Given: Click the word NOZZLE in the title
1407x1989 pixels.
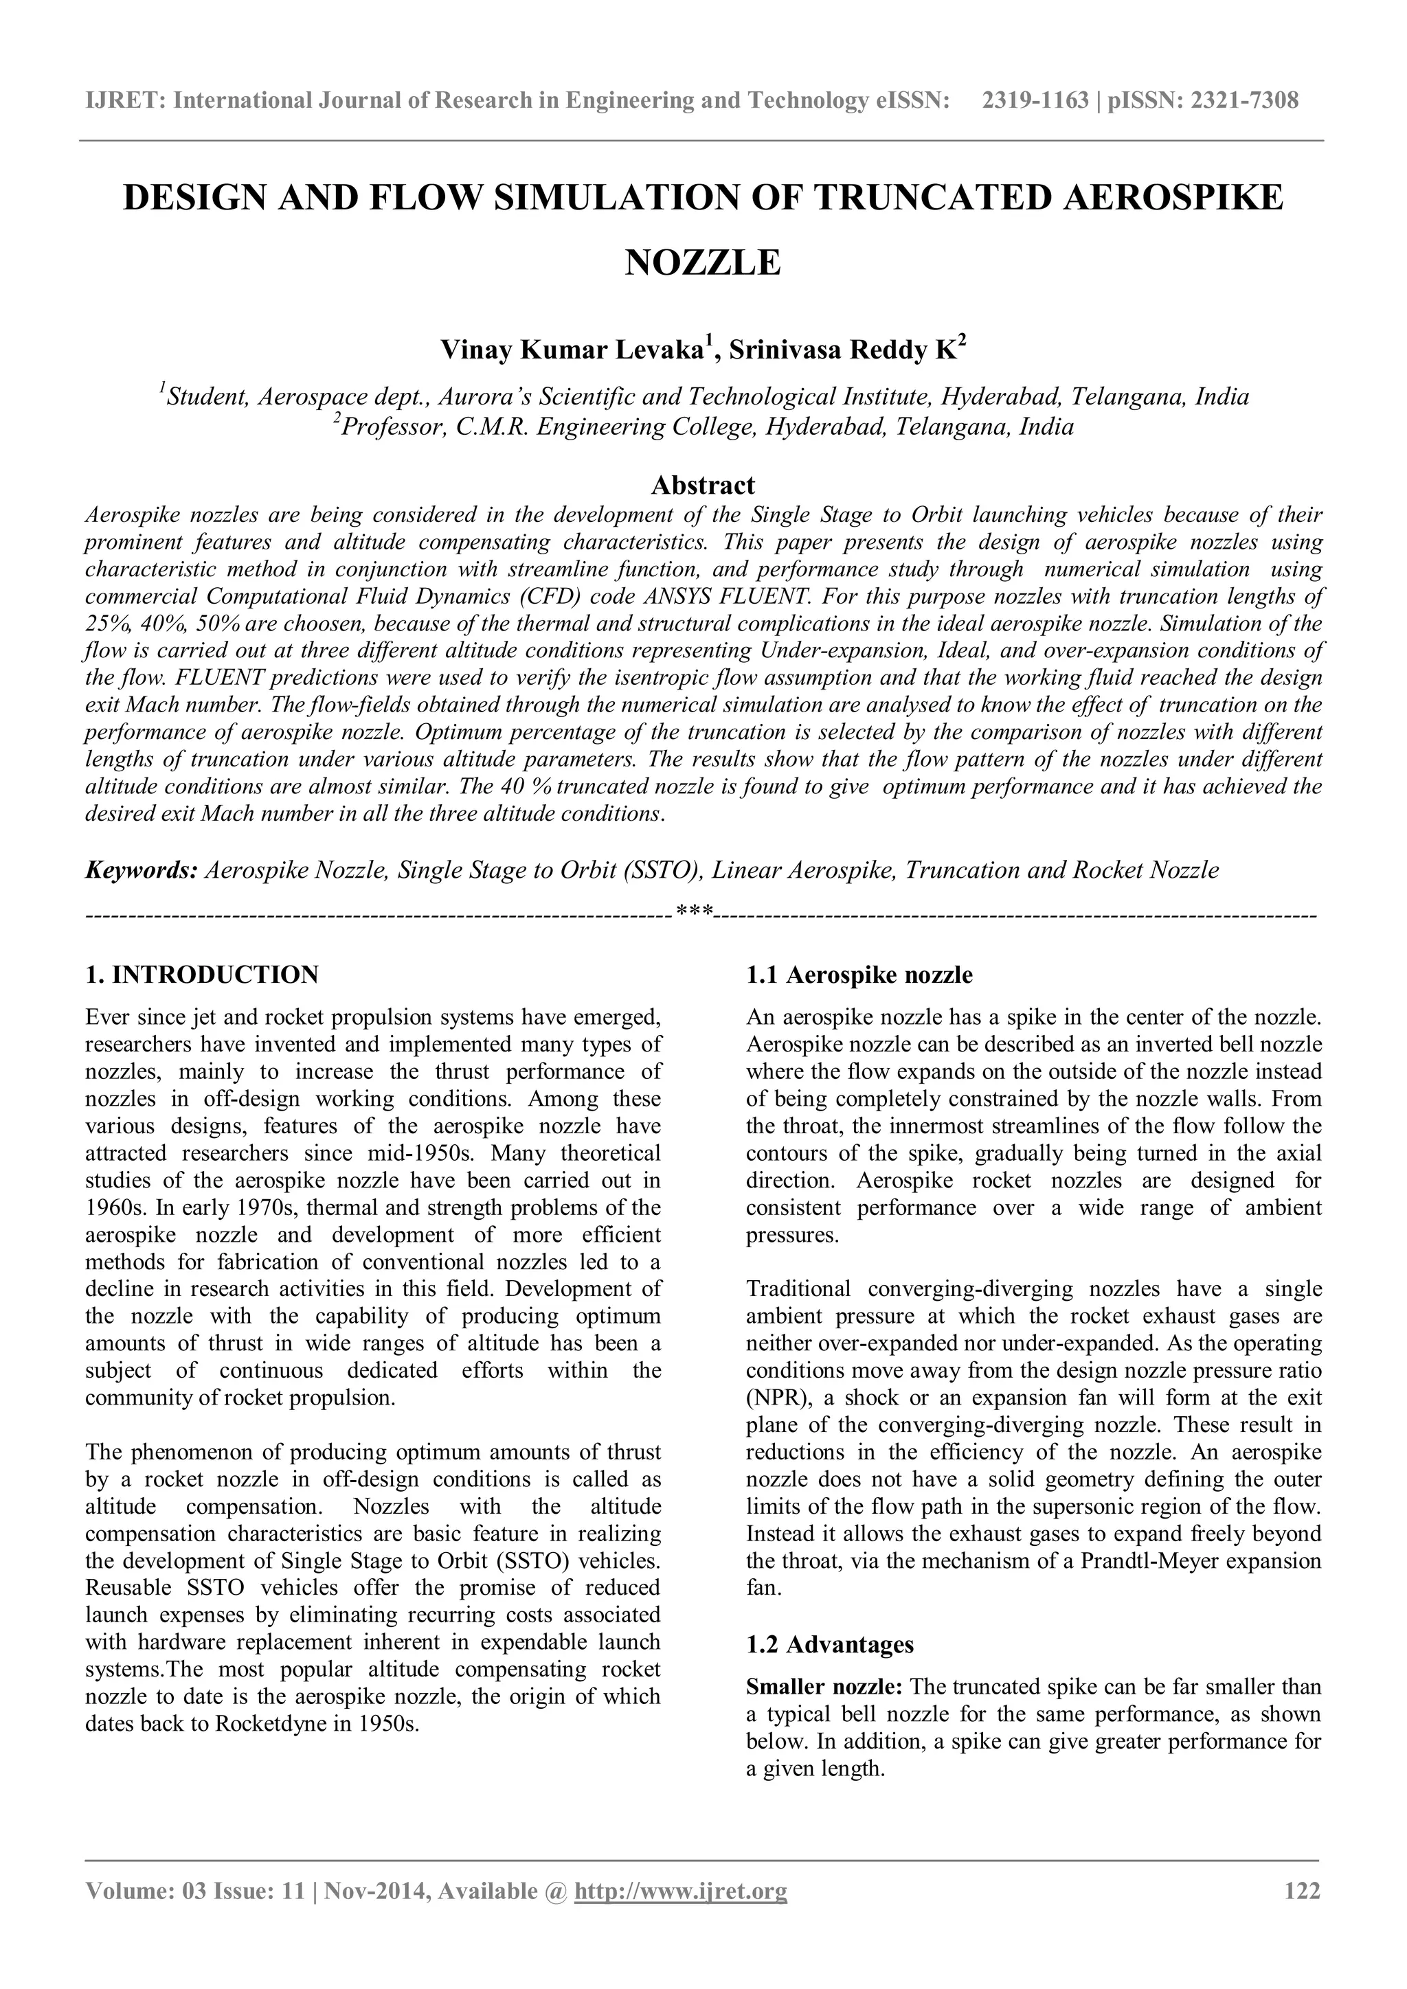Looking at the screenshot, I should pyautogui.click(x=703, y=262).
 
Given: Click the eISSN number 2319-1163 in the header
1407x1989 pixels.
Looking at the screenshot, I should pyautogui.click(x=1035, y=102).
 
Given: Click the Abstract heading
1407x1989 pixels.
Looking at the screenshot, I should pyautogui.click(x=703, y=484).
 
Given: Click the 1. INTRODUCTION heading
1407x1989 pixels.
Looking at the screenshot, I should pyautogui.click(x=202, y=975).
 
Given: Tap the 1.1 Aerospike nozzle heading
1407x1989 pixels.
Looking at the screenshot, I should pyautogui.click(x=859, y=975).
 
